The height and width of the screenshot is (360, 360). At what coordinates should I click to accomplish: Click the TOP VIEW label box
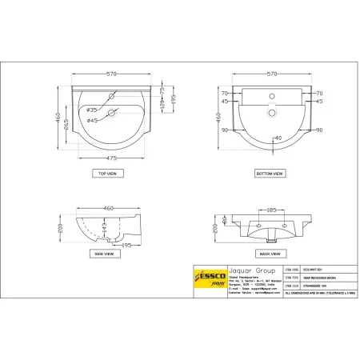coord(107,172)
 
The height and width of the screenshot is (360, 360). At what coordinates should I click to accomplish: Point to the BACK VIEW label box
coord(268,253)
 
